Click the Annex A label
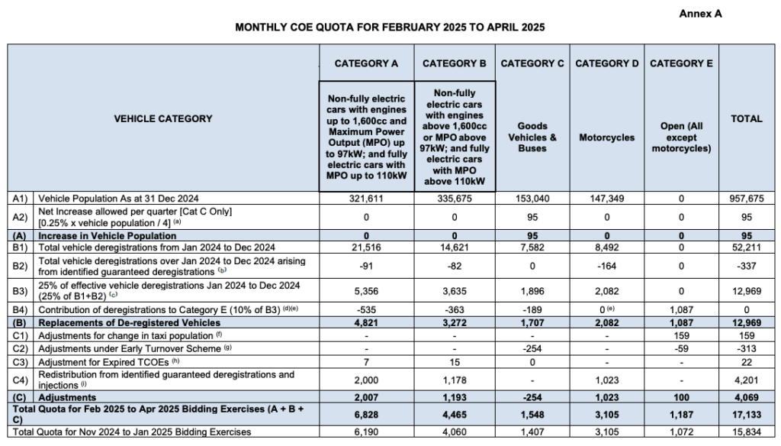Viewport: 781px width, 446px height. pyautogui.click(x=699, y=13)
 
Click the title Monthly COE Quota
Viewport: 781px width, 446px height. pyautogui.click(x=390, y=27)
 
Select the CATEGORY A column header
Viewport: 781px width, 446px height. pyautogui.click(x=367, y=63)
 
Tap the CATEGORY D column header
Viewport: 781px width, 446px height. pyautogui.click(x=606, y=63)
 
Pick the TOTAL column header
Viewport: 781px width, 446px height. pyautogui.click(x=746, y=119)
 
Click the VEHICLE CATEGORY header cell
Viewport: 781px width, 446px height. pyautogui.click(x=163, y=119)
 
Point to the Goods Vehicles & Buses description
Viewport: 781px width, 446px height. pyautogui.click(x=532, y=137)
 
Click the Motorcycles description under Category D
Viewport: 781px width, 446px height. pyautogui.click(x=606, y=137)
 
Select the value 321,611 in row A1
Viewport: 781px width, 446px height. pyautogui.click(x=367, y=198)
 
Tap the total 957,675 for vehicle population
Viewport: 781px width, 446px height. pyautogui.click(x=746, y=198)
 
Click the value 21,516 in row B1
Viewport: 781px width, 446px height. pyautogui.click(x=367, y=247)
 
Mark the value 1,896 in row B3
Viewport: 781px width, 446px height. pyautogui.click(x=532, y=291)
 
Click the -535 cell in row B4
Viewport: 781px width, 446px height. pyautogui.click(x=367, y=311)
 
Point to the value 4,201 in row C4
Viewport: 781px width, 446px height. pyautogui.click(x=746, y=380)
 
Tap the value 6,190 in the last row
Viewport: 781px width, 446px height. pyautogui.click(x=367, y=432)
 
